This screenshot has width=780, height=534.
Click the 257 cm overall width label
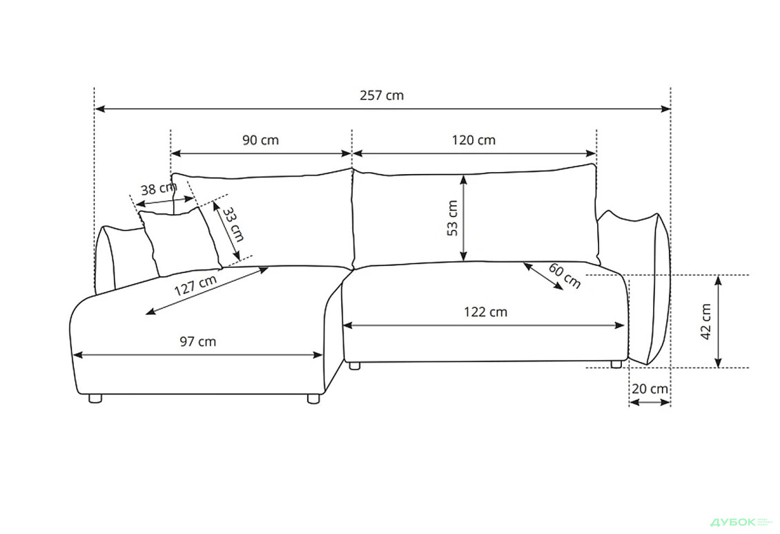point(382,95)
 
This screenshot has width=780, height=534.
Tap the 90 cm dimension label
point(261,140)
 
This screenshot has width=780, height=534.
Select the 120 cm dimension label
point(474,140)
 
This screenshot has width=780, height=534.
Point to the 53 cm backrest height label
point(452,218)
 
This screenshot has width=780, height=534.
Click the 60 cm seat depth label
point(565,275)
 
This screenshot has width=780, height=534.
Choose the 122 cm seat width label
point(485,312)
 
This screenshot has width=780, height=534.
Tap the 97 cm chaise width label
point(197,341)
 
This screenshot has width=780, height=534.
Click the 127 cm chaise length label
point(195,285)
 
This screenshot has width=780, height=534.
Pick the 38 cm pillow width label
point(159,189)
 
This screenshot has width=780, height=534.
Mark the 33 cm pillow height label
point(233,224)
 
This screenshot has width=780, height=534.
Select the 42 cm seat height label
point(706,321)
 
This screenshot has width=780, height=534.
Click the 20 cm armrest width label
point(650,389)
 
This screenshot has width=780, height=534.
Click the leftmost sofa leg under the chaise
point(95,398)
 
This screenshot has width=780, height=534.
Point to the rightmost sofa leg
point(616,364)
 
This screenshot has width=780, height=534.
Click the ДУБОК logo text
point(732,522)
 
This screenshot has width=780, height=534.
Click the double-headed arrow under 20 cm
point(650,402)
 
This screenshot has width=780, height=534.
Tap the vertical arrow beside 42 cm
point(718,321)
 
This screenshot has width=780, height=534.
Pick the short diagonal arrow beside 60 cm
point(543,276)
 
